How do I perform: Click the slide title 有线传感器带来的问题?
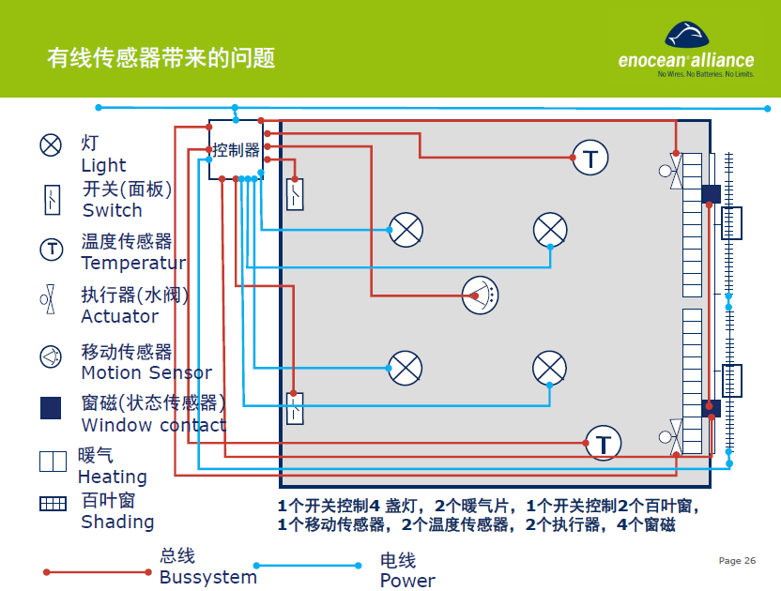click(161, 58)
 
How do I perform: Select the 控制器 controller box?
click(236, 150)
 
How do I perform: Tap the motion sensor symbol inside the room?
click(481, 295)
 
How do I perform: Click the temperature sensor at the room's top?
click(590, 158)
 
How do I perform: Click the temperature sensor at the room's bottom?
click(604, 444)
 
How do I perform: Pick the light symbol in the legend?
click(51, 144)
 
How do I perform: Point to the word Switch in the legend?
click(113, 210)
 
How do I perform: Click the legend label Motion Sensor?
click(146, 372)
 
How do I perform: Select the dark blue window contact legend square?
click(51, 407)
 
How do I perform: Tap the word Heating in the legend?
click(112, 477)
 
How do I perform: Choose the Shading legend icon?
click(53, 503)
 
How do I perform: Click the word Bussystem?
click(207, 577)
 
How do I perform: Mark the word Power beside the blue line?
click(407, 580)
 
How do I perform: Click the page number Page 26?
click(737, 561)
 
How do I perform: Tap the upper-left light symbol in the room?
click(406, 230)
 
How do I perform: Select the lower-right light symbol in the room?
click(549, 368)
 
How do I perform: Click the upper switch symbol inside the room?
click(295, 194)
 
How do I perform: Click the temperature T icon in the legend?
click(51, 250)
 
